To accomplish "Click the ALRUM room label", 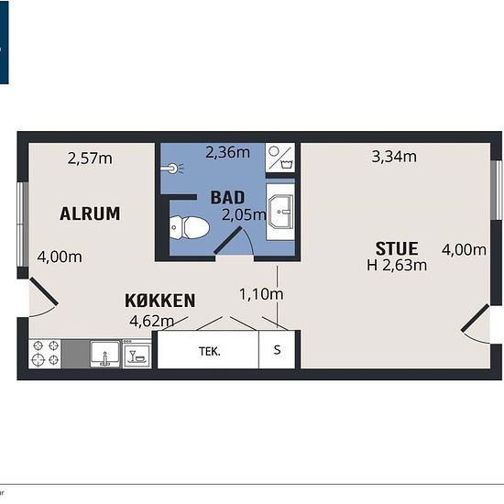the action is pyautogui.click(x=90, y=214).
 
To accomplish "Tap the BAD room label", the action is pyautogui.click(x=227, y=198).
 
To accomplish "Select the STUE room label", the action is pyautogui.click(x=397, y=248).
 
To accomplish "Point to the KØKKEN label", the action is pyautogui.click(x=159, y=301).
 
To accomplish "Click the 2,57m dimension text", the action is pyautogui.click(x=90, y=159).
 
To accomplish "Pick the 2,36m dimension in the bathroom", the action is pyautogui.click(x=227, y=152).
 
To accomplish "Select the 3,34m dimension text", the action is pyautogui.click(x=394, y=157).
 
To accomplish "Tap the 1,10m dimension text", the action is pyautogui.click(x=262, y=294).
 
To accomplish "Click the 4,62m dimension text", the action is pyautogui.click(x=152, y=321).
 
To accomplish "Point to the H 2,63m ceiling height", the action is pyautogui.click(x=397, y=266).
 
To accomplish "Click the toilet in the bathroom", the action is pyautogui.click(x=190, y=227).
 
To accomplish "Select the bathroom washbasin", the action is pyautogui.click(x=280, y=212).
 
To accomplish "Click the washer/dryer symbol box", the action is pyautogui.click(x=280, y=158).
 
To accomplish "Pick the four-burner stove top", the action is pyautogui.click(x=45, y=354).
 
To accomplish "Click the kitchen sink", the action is pyautogui.click(x=105, y=354).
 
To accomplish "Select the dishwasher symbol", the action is pyautogui.click(x=137, y=354).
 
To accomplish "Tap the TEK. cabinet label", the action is pyautogui.click(x=210, y=351).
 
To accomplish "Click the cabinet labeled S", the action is pyautogui.click(x=277, y=350).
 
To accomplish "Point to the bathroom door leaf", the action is pyautogui.click(x=228, y=239).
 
